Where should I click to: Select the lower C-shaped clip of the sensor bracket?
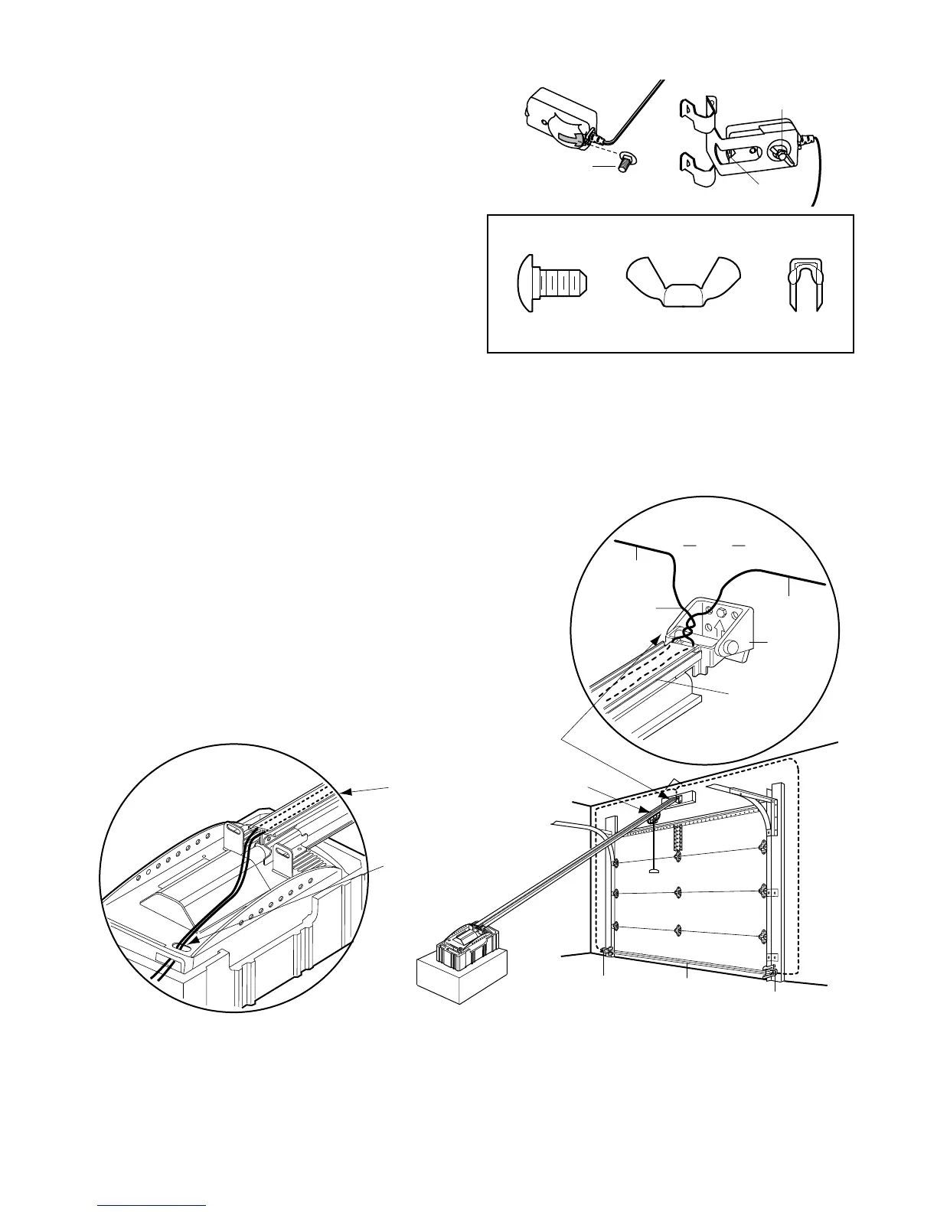pos(698,168)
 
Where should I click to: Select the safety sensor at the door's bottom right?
pos(772,973)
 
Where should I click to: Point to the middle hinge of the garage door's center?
pos(677,892)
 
